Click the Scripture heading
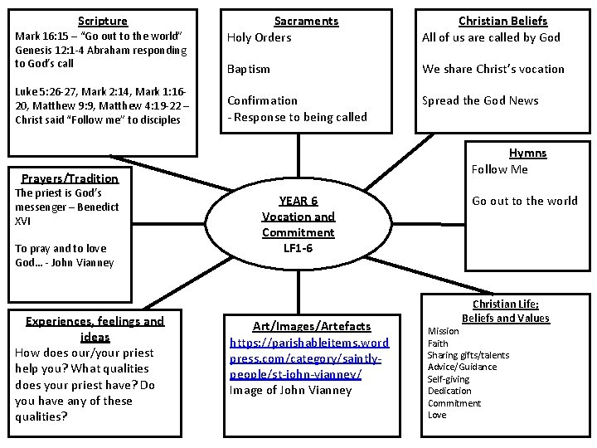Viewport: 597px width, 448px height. pos(103,21)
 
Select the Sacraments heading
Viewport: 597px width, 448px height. pos(306,21)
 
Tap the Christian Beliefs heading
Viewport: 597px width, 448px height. pos(503,21)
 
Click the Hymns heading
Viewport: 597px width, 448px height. pos(527,153)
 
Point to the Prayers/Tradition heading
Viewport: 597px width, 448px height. pos(70,178)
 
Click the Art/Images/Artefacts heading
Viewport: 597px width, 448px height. pos(299,326)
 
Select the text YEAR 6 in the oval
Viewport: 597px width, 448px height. pos(298,201)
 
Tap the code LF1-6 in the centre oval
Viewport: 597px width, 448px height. pos(298,247)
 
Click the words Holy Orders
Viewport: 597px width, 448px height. pos(260,37)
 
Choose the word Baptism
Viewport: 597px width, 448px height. pos(249,69)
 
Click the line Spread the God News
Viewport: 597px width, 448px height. pos(480,100)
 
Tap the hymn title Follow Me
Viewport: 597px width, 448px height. pos(499,169)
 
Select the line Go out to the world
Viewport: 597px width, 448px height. pos(525,201)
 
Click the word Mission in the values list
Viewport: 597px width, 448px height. pos(443,331)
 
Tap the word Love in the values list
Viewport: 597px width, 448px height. pos(437,415)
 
